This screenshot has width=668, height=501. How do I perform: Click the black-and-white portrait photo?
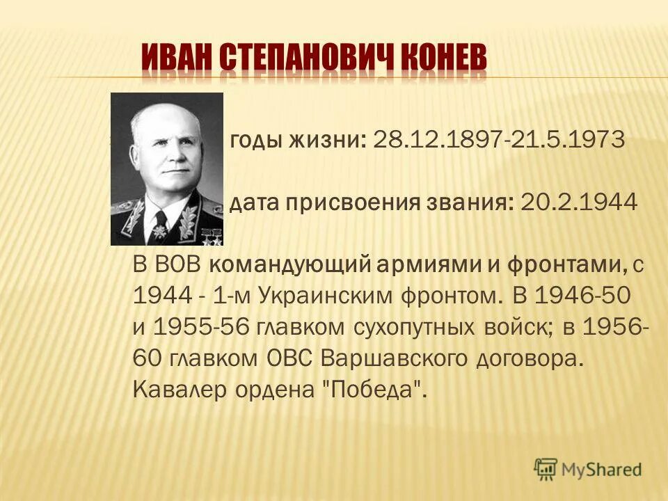pos(167,169)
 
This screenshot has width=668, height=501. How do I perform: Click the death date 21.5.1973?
pos(566,140)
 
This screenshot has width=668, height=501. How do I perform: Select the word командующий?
pos(291,266)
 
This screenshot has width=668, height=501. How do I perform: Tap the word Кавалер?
pos(176,390)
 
